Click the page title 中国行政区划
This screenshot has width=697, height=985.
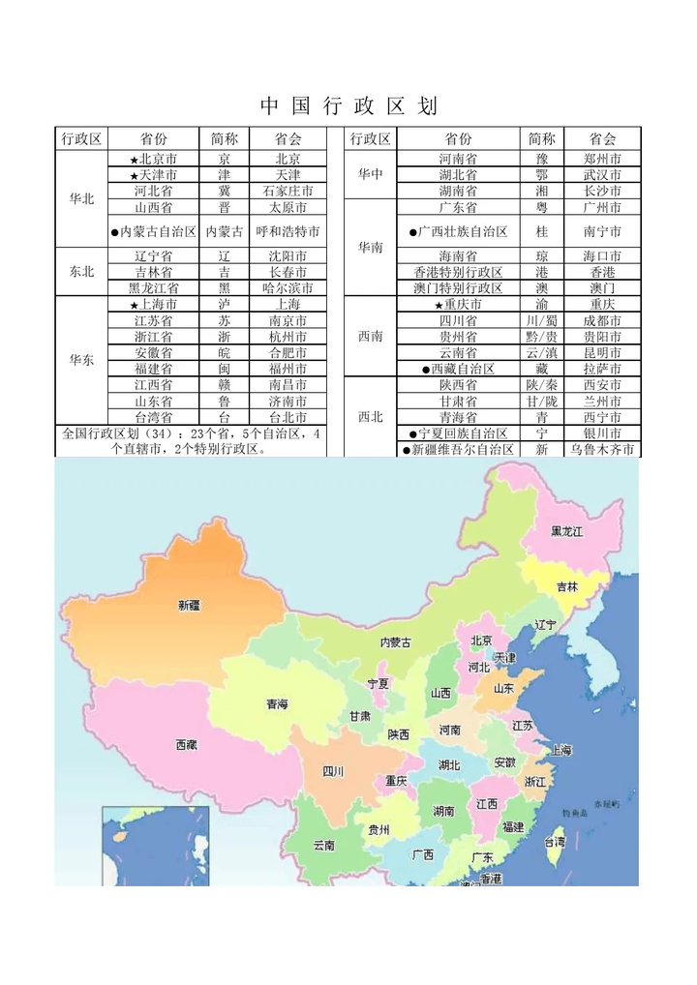[x=348, y=104]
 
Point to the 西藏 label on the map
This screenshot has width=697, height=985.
[x=187, y=744]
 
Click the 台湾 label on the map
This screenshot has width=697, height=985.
[x=552, y=842]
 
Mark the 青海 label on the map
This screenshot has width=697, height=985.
[x=277, y=704]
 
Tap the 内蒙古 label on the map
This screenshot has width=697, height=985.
[x=395, y=642]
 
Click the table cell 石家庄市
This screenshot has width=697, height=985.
[x=288, y=191]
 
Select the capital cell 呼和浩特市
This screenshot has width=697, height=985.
[x=288, y=231]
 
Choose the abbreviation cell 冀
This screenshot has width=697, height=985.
[x=225, y=191]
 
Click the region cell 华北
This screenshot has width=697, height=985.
[x=82, y=198]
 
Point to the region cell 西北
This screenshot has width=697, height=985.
[x=371, y=417]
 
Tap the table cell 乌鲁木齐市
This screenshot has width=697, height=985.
[x=602, y=450]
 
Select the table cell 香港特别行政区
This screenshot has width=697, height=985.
[x=459, y=272]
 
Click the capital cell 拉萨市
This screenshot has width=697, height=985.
[x=602, y=369]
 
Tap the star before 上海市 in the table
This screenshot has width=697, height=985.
[x=134, y=305]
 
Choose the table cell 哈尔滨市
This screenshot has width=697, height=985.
[x=288, y=287]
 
